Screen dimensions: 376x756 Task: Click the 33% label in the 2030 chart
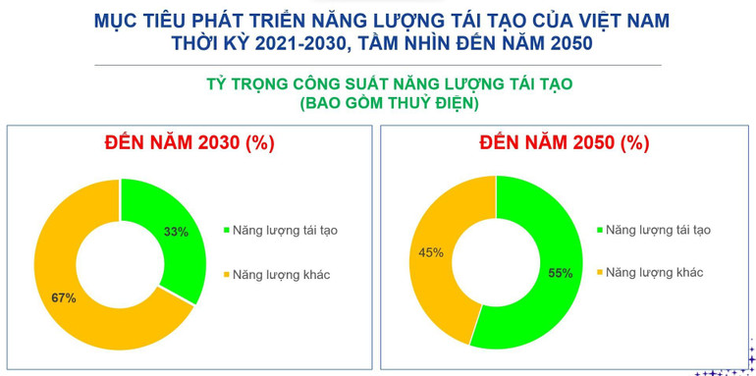point(176,232)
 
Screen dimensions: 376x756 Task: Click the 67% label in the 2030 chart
point(64,297)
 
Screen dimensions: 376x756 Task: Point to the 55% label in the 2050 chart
point(560,273)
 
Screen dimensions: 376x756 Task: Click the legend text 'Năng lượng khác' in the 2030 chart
point(282,274)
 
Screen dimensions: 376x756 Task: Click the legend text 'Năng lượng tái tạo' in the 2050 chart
point(658,230)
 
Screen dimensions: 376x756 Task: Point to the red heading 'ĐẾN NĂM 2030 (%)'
point(189,142)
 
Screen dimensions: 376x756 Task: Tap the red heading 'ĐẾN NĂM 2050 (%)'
point(565,142)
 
